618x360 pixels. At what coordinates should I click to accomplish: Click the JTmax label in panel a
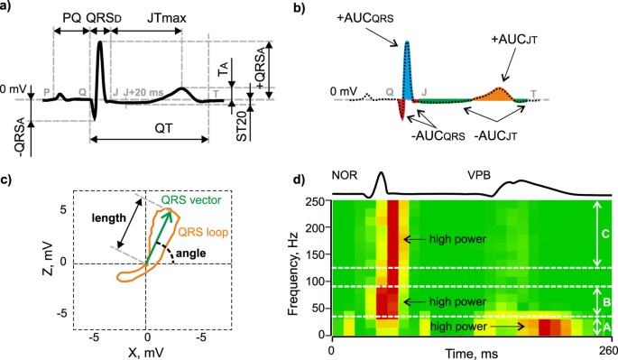[x=143, y=18]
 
